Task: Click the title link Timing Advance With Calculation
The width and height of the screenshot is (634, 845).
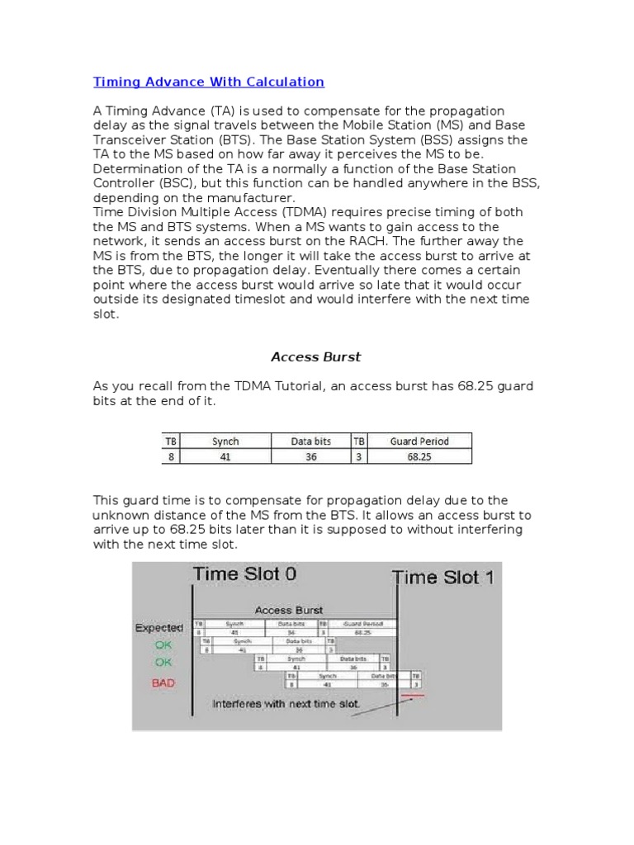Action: (x=208, y=82)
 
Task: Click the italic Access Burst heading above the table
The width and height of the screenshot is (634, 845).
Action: (x=316, y=357)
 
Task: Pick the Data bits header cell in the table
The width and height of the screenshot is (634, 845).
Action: (x=310, y=441)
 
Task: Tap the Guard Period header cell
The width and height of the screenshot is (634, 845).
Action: (x=419, y=441)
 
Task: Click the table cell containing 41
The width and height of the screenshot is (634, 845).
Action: (x=225, y=456)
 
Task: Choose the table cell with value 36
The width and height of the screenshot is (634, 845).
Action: (x=310, y=456)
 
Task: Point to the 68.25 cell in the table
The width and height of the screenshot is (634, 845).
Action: (x=419, y=456)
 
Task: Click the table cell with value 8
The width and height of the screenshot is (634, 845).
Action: (x=171, y=456)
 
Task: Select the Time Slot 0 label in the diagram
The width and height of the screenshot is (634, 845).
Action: (x=244, y=574)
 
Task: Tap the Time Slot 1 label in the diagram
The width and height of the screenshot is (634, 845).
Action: (x=444, y=577)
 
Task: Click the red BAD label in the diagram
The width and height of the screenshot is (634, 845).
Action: (x=163, y=683)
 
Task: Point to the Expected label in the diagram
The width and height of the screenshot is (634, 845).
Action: (x=159, y=628)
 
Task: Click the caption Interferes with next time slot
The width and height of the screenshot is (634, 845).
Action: (x=286, y=705)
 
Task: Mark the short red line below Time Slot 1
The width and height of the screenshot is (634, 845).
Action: (x=413, y=696)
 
